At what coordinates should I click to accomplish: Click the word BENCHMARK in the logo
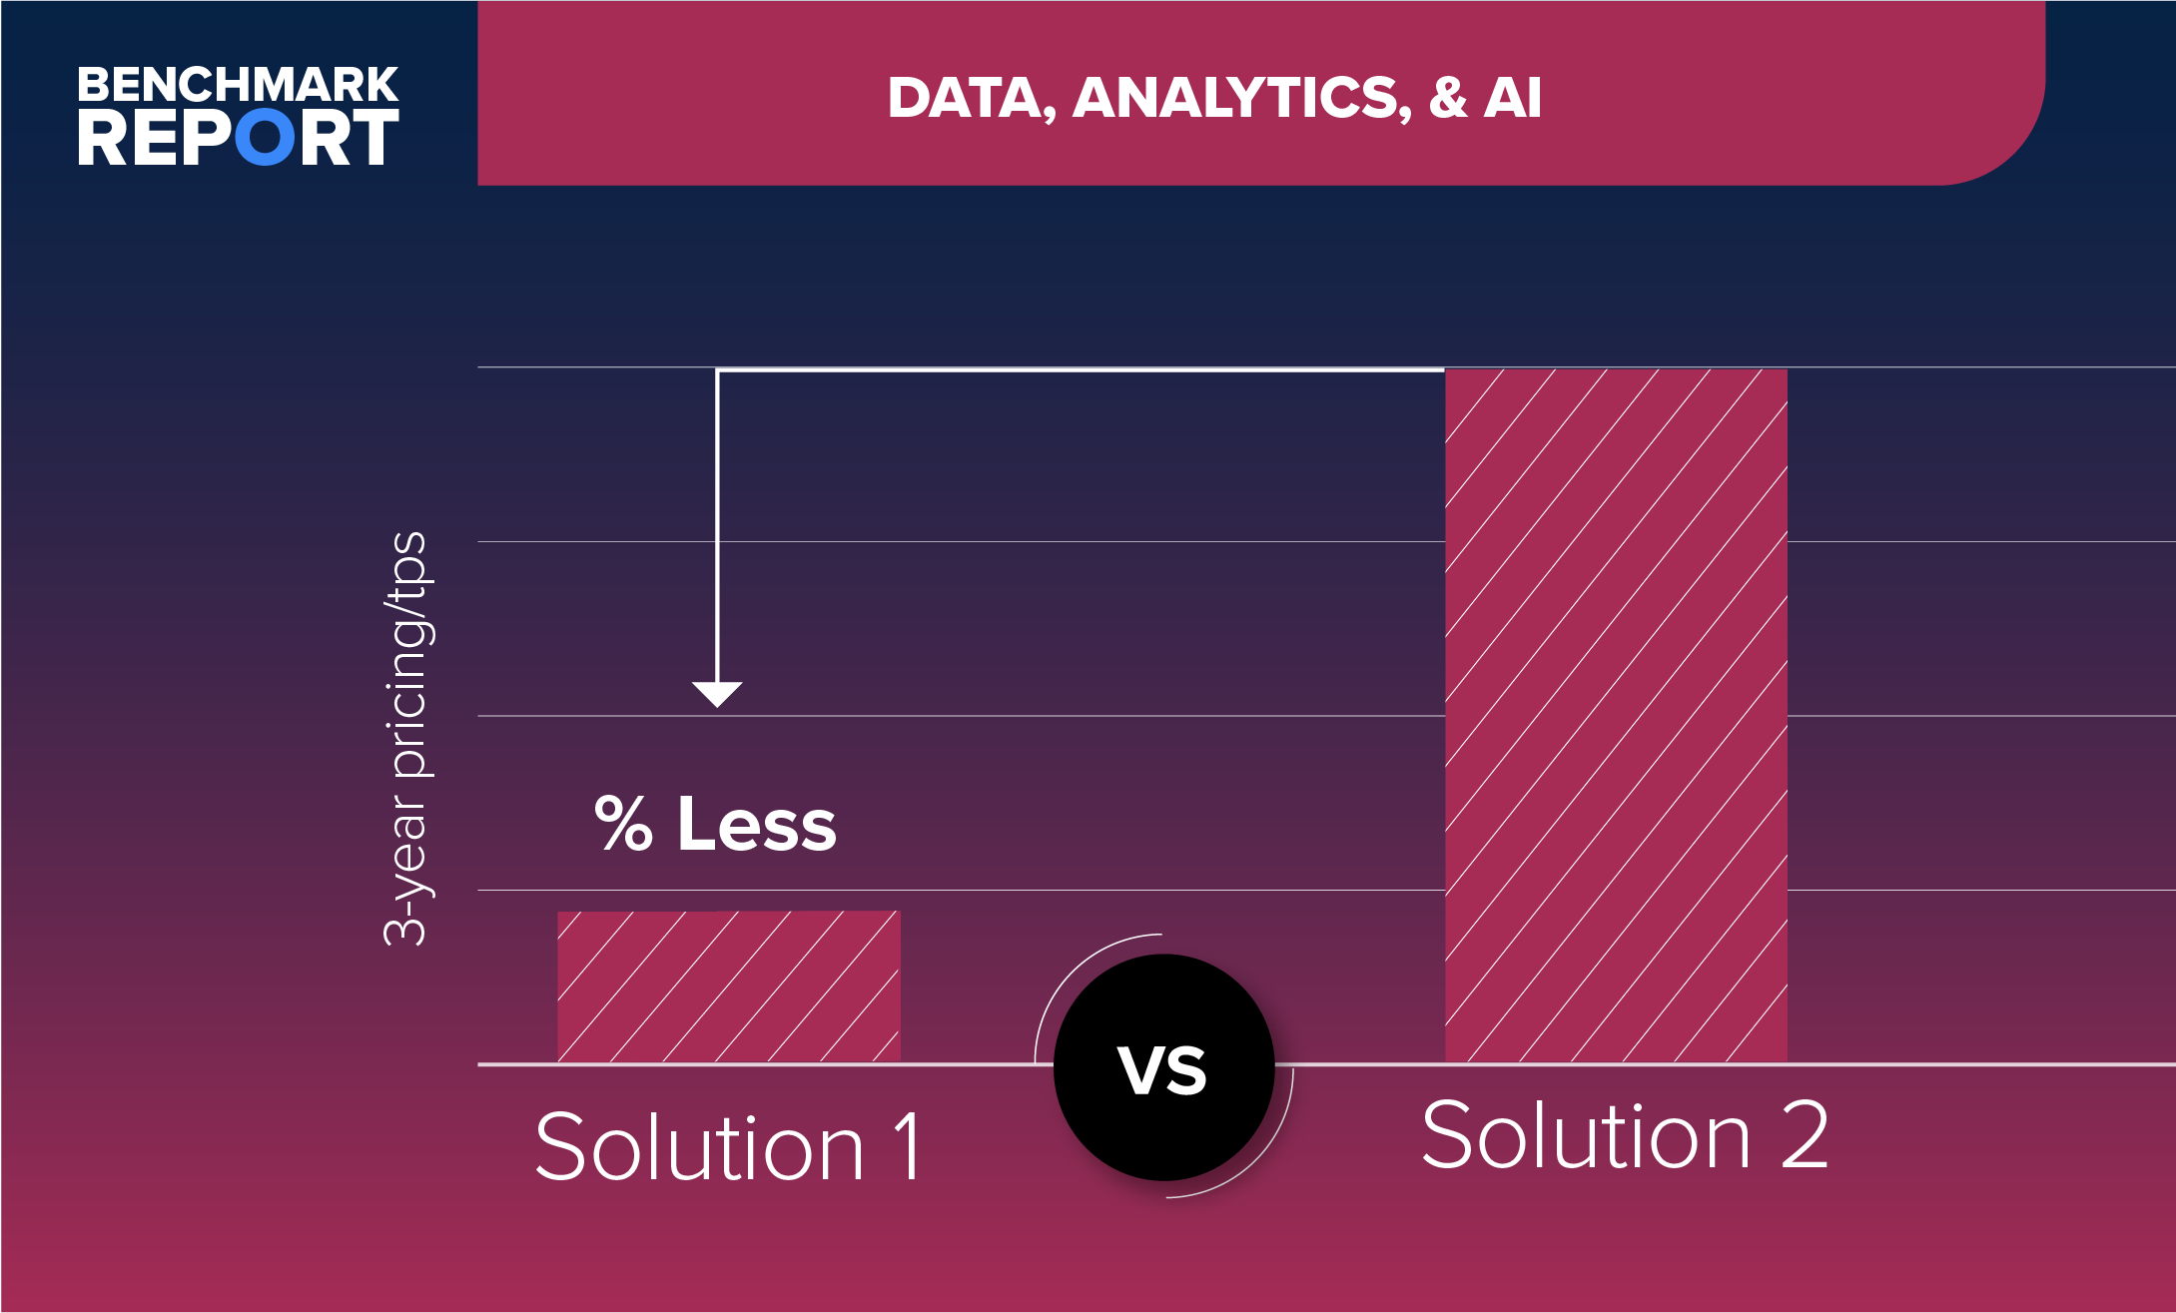pyautogui.click(x=238, y=85)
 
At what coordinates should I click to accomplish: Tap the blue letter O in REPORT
pyautogui.click(x=266, y=137)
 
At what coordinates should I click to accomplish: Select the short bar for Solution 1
pyautogui.click(x=729, y=986)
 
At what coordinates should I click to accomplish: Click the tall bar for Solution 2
pyautogui.click(x=1616, y=715)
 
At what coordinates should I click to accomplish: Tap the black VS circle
pyautogui.click(x=1163, y=1066)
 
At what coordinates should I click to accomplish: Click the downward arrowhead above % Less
pyautogui.click(x=717, y=693)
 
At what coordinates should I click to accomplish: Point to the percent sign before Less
pyautogui.click(x=623, y=824)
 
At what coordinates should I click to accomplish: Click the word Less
pyautogui.click(x=757, y=824)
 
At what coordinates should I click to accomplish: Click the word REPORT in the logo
pyautogui.click(x=238, y=137)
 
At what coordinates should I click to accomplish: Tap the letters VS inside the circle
pyautogui.click(x=1162, y=1070)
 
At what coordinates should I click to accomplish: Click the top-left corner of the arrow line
pyautogui.click(x=717, y=370)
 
